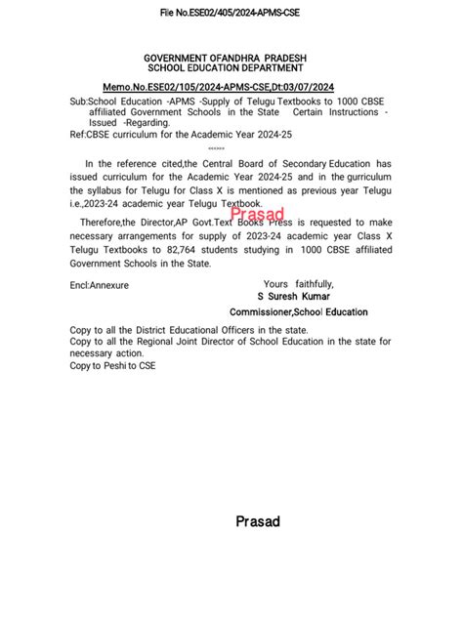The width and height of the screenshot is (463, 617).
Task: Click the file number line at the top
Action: [x=231, y=13]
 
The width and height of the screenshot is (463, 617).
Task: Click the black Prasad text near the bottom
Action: [x=258, y=521]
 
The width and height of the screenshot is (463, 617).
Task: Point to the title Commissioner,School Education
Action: [x=313, y=312]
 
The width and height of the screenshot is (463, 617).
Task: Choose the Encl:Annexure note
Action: [x=100, y=285]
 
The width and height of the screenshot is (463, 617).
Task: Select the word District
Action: [x=153, y=330]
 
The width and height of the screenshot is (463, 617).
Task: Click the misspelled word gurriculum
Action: [x=357, y=177]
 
